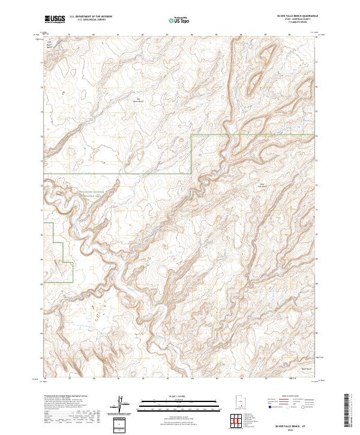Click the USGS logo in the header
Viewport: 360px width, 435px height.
click(55, 19)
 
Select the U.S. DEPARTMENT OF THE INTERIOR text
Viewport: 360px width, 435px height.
click(91, 17)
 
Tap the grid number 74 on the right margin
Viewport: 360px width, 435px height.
click(319, 136)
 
